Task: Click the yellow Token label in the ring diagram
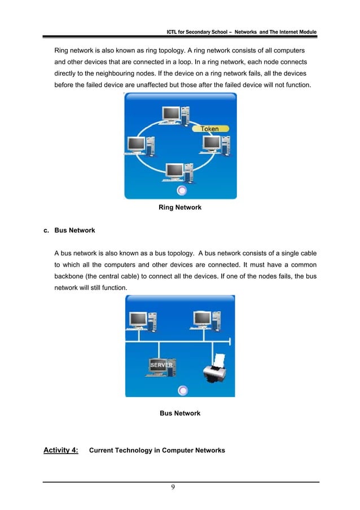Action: click(210, 129)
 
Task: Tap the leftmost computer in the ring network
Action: click(139, 146)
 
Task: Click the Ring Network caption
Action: click(180, 208)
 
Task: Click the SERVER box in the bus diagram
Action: click(161, 367)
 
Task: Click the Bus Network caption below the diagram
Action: click(180, 413)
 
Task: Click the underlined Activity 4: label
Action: click(61, 450)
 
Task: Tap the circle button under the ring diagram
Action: click(182, 191)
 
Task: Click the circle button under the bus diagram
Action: click(182, 390)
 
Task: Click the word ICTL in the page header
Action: click(168, 31)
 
